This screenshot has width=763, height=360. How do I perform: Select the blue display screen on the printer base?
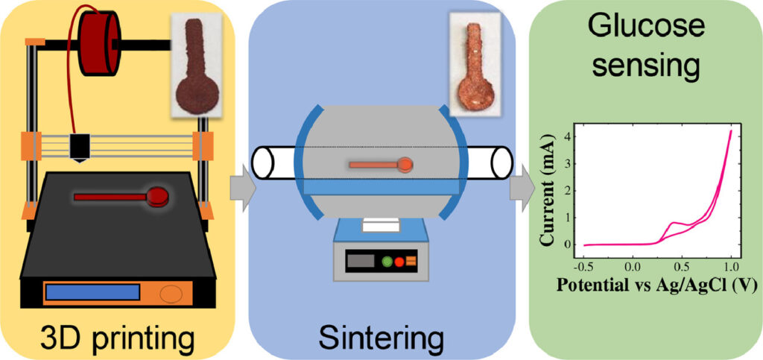click(x=92, y=292)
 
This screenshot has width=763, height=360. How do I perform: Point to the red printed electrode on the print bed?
click(x=121, y=196)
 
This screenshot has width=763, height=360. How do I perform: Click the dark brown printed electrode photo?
click(x=197, y=65)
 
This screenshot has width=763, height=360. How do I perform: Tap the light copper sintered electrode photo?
click(x=474, y=64)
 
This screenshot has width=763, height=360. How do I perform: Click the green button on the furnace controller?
click(x=387, y=262)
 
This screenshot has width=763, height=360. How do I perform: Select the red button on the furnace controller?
click(x=399, y=262)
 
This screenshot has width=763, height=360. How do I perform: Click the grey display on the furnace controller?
click(x=361, y=261)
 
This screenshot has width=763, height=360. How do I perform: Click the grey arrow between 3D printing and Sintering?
click(x=242, y=188)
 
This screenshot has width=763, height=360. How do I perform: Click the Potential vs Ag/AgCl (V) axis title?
click(x=656, y=285)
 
